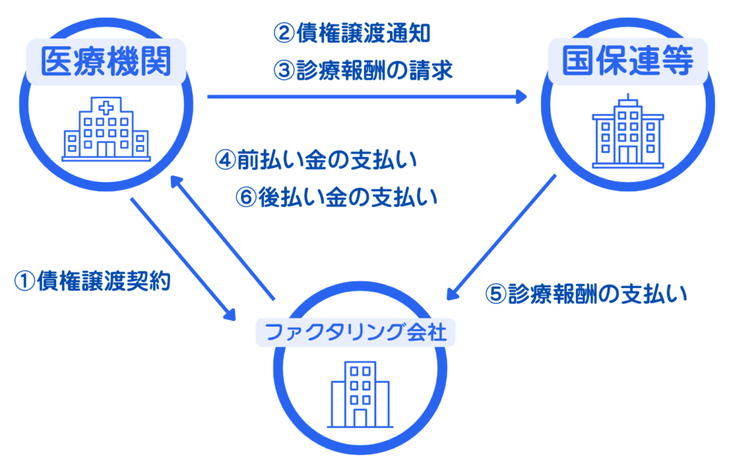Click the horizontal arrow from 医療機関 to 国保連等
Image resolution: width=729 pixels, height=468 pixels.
[x=367, y=97]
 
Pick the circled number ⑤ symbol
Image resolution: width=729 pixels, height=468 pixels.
[x=495, y=294]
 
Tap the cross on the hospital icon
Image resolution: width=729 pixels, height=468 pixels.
[x=106, y=109]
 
